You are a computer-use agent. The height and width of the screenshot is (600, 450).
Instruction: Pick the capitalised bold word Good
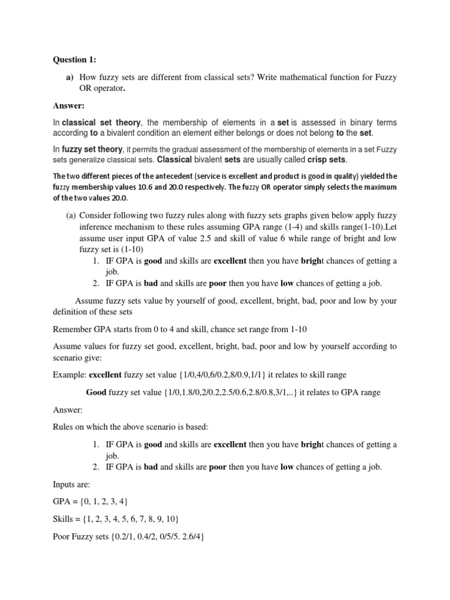coord(96,393)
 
